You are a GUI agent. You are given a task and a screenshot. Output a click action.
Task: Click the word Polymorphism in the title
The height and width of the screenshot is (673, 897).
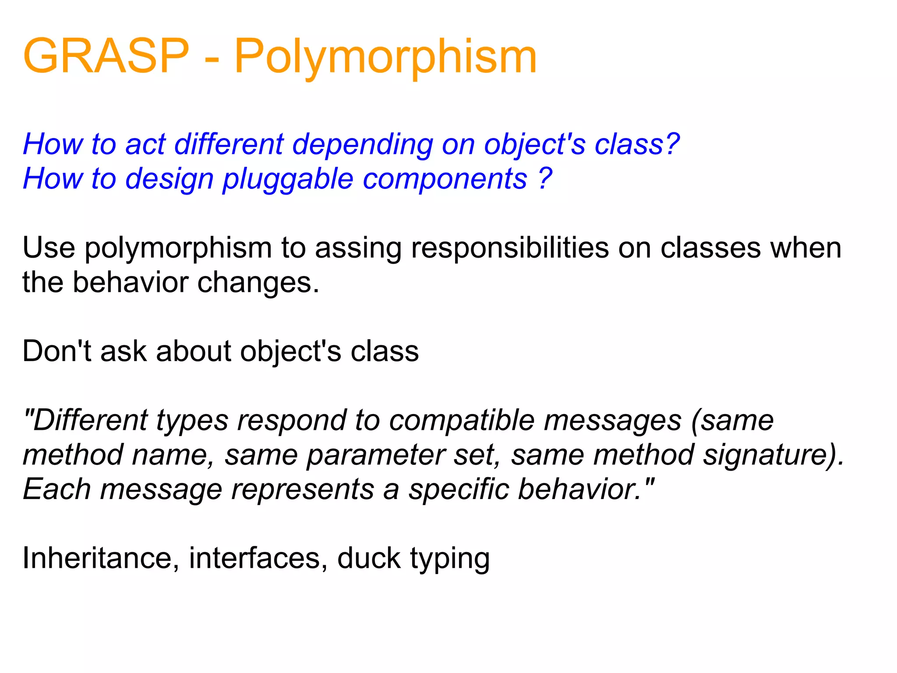(x=385, y=57)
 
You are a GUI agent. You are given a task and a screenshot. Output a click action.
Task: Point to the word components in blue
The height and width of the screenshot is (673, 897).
(x=445, y=179)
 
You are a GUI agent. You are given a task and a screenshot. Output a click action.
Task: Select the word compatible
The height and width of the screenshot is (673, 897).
(x=462, y=421)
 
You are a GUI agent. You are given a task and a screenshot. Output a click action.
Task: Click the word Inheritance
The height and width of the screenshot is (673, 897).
(x=98, y=558)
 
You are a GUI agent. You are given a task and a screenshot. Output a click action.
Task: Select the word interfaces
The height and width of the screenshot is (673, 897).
(x=255, y=558)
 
